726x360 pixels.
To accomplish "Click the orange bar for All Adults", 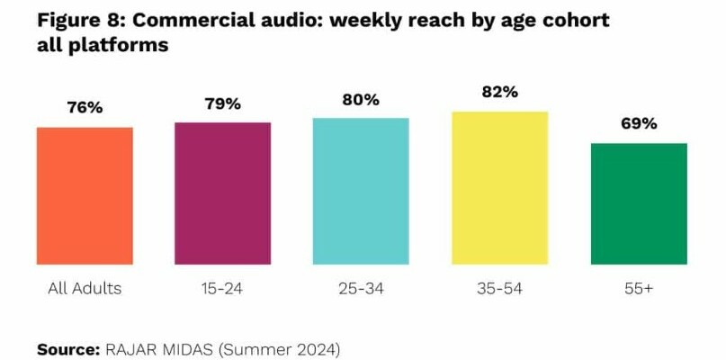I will tap(85, 195).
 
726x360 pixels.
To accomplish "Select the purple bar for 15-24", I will tap(222, 193).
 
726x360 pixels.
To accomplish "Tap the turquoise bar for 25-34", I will tap(361, 191).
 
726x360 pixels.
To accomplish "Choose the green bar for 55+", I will tap(639, 203).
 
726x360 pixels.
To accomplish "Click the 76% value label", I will tap(85, 108).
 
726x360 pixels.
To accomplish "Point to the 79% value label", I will tap(222, 103).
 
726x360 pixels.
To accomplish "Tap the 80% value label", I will tap(361, 99).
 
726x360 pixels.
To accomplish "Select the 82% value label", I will tap(499, 92).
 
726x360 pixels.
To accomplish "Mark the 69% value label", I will tap(639, 123).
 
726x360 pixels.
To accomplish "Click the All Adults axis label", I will tap(85, 289).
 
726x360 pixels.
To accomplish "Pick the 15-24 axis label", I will tap(222, 289).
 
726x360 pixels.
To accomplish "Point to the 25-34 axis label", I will tap(361, 289).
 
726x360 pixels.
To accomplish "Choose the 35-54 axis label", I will tap(499, 289).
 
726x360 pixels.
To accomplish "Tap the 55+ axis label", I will tap(639, 289).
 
